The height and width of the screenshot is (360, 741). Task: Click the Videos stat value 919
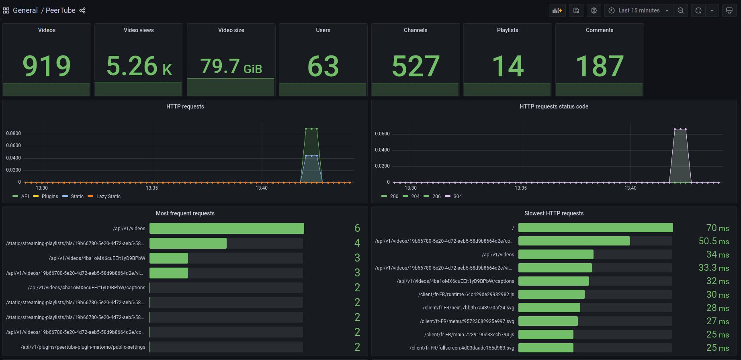point(47,66)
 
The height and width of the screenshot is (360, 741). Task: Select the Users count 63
point(323,66)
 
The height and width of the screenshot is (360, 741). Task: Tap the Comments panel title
point(599,30)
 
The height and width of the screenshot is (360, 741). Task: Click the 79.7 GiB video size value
point(231,66)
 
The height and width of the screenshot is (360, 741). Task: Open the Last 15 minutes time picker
point(639,10)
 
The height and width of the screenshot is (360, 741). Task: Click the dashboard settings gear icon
point(594,10)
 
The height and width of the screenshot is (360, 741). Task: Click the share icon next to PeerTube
point(82,10)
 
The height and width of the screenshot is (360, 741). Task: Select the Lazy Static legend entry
point(108,196)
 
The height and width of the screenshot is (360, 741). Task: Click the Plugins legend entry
point(50,196)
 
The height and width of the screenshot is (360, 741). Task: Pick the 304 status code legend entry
point(457,196)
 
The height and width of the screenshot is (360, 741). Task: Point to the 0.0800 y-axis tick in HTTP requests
point(13,133)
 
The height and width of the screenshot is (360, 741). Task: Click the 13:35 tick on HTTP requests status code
point(520,188)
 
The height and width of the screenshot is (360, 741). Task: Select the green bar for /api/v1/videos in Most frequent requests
point(227,229)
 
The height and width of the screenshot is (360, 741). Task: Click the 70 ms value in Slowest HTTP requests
point(717,228)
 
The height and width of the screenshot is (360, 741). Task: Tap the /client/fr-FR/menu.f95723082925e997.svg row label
point(467,321)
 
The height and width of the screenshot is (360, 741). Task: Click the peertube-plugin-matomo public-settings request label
point(83,347)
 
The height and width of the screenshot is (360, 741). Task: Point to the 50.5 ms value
point(713,241)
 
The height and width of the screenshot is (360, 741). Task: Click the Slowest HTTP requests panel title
point(553,213)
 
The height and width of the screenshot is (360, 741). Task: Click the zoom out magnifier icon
point(681,10)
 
